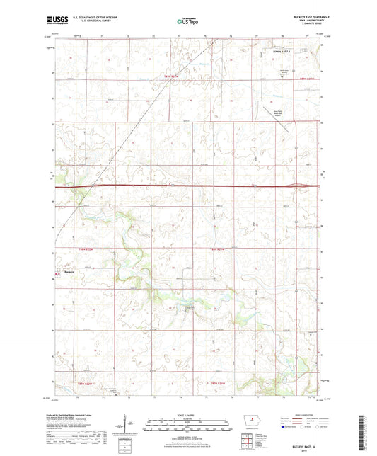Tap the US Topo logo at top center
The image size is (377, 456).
point(187,22)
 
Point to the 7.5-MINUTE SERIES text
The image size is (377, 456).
point(299,27)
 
